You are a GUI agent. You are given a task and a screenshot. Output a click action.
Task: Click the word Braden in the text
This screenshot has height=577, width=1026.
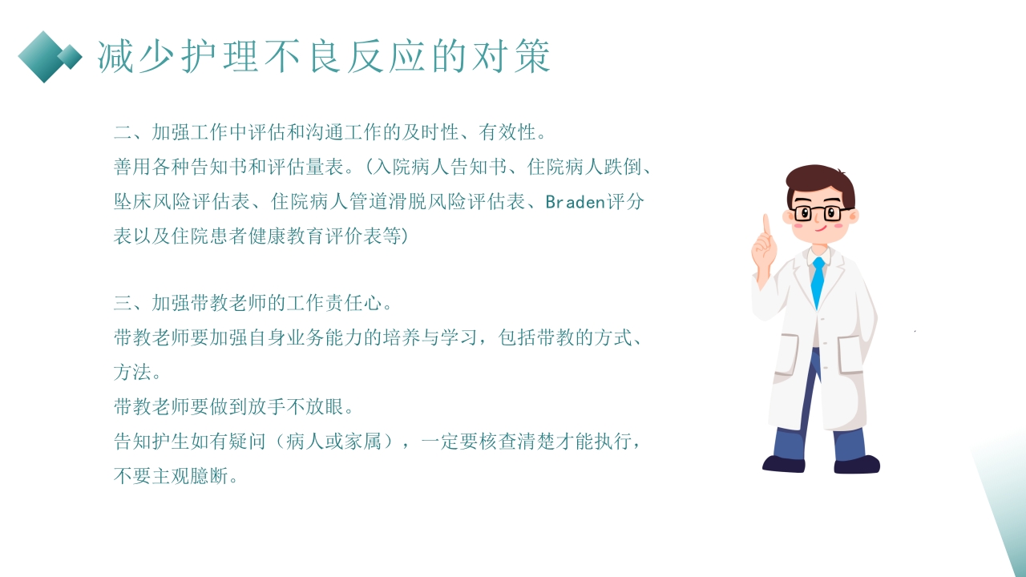click(x=574, y=202)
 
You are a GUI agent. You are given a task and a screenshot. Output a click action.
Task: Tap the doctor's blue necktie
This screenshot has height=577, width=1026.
click(x=818, y=281)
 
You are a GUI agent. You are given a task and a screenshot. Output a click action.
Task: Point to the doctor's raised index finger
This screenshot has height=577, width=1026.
click(x=766, y=224)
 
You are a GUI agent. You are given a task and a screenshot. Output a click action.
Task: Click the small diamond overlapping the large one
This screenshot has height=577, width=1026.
click(x=71, y=56)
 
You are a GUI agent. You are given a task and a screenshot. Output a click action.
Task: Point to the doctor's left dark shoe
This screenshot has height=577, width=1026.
click(x=783, y=463)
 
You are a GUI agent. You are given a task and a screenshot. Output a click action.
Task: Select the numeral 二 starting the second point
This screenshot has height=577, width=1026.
click(x=123, y=131)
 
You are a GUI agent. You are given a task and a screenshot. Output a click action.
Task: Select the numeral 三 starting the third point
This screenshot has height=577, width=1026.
click(x=123, y=303)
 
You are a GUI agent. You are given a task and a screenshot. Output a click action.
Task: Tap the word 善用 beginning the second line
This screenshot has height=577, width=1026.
click(x=133, y=167)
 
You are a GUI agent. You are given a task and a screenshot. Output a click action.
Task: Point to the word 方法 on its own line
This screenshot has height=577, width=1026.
click(x=133, y=373)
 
